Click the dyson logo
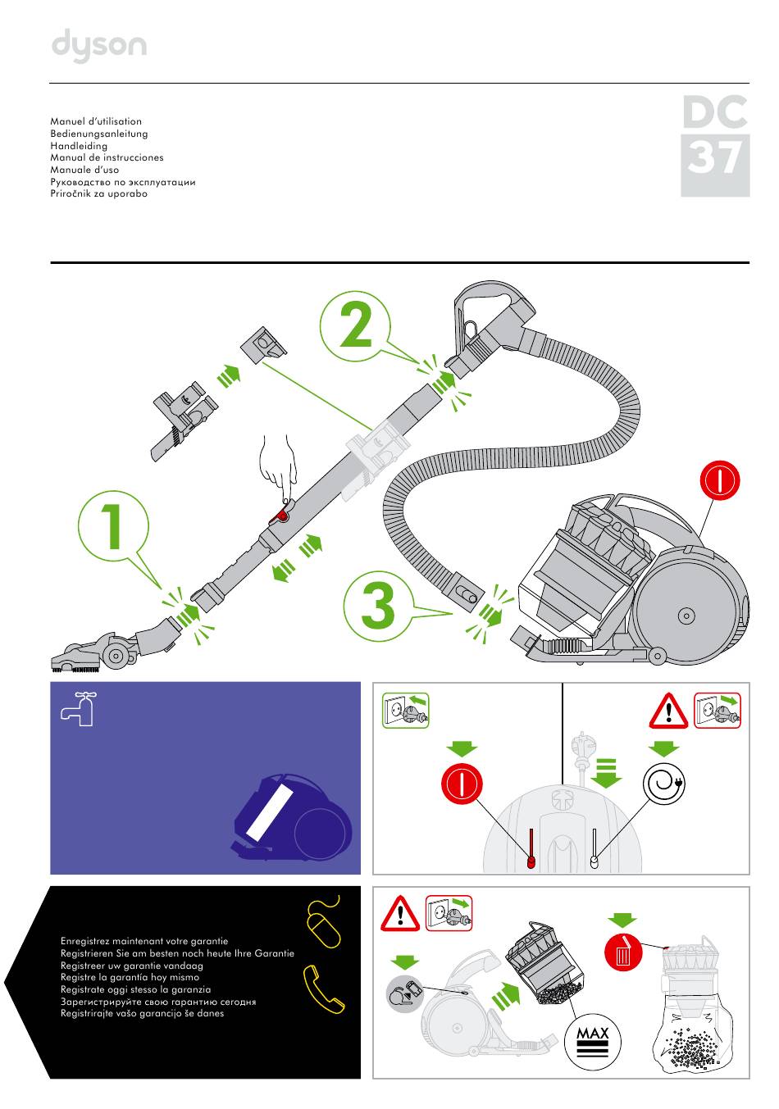click(99, 46)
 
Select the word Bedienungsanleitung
click(99, 134)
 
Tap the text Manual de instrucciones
click(107, 157)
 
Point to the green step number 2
click(355, 326)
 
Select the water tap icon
click(80, 707)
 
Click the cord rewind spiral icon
click(664, 784)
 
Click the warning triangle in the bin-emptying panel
click(400, 913)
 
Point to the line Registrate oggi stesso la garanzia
click(135, 989)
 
